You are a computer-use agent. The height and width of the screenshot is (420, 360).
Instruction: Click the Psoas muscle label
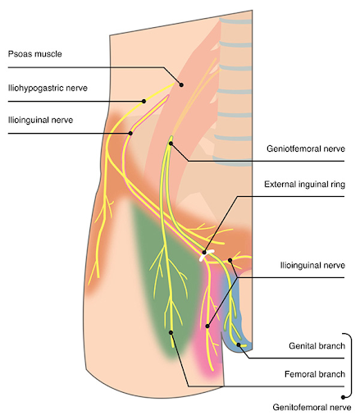35,54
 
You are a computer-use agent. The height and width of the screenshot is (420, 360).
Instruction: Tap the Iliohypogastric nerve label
48,88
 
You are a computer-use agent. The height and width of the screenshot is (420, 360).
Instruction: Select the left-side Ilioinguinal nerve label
40,120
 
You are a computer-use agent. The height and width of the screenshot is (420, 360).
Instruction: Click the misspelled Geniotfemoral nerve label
306,148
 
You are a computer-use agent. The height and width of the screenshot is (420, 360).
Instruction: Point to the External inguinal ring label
304,185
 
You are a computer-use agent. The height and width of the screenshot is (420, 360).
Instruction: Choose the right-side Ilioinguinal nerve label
312,265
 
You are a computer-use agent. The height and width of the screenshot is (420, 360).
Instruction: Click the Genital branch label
317,346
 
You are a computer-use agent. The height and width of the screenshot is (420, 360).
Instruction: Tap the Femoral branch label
315,374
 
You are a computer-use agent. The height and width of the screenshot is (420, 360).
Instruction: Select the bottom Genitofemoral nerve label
312,408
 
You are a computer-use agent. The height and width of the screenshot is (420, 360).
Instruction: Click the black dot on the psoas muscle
181,84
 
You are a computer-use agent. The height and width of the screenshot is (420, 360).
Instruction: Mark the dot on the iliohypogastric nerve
144,101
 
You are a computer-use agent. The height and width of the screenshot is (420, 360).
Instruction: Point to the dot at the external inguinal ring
204,253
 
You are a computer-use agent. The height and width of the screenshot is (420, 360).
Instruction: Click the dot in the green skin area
171,332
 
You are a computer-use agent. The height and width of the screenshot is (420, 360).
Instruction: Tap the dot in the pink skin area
207,326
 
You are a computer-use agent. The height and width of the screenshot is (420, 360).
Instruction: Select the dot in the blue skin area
239,345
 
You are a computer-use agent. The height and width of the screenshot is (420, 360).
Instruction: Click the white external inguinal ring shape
205,255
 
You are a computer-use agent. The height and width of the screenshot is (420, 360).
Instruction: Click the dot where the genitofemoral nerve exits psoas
171,144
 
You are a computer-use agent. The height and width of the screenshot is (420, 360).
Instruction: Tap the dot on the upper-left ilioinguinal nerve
130,133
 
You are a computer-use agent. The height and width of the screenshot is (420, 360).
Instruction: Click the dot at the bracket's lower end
344,397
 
